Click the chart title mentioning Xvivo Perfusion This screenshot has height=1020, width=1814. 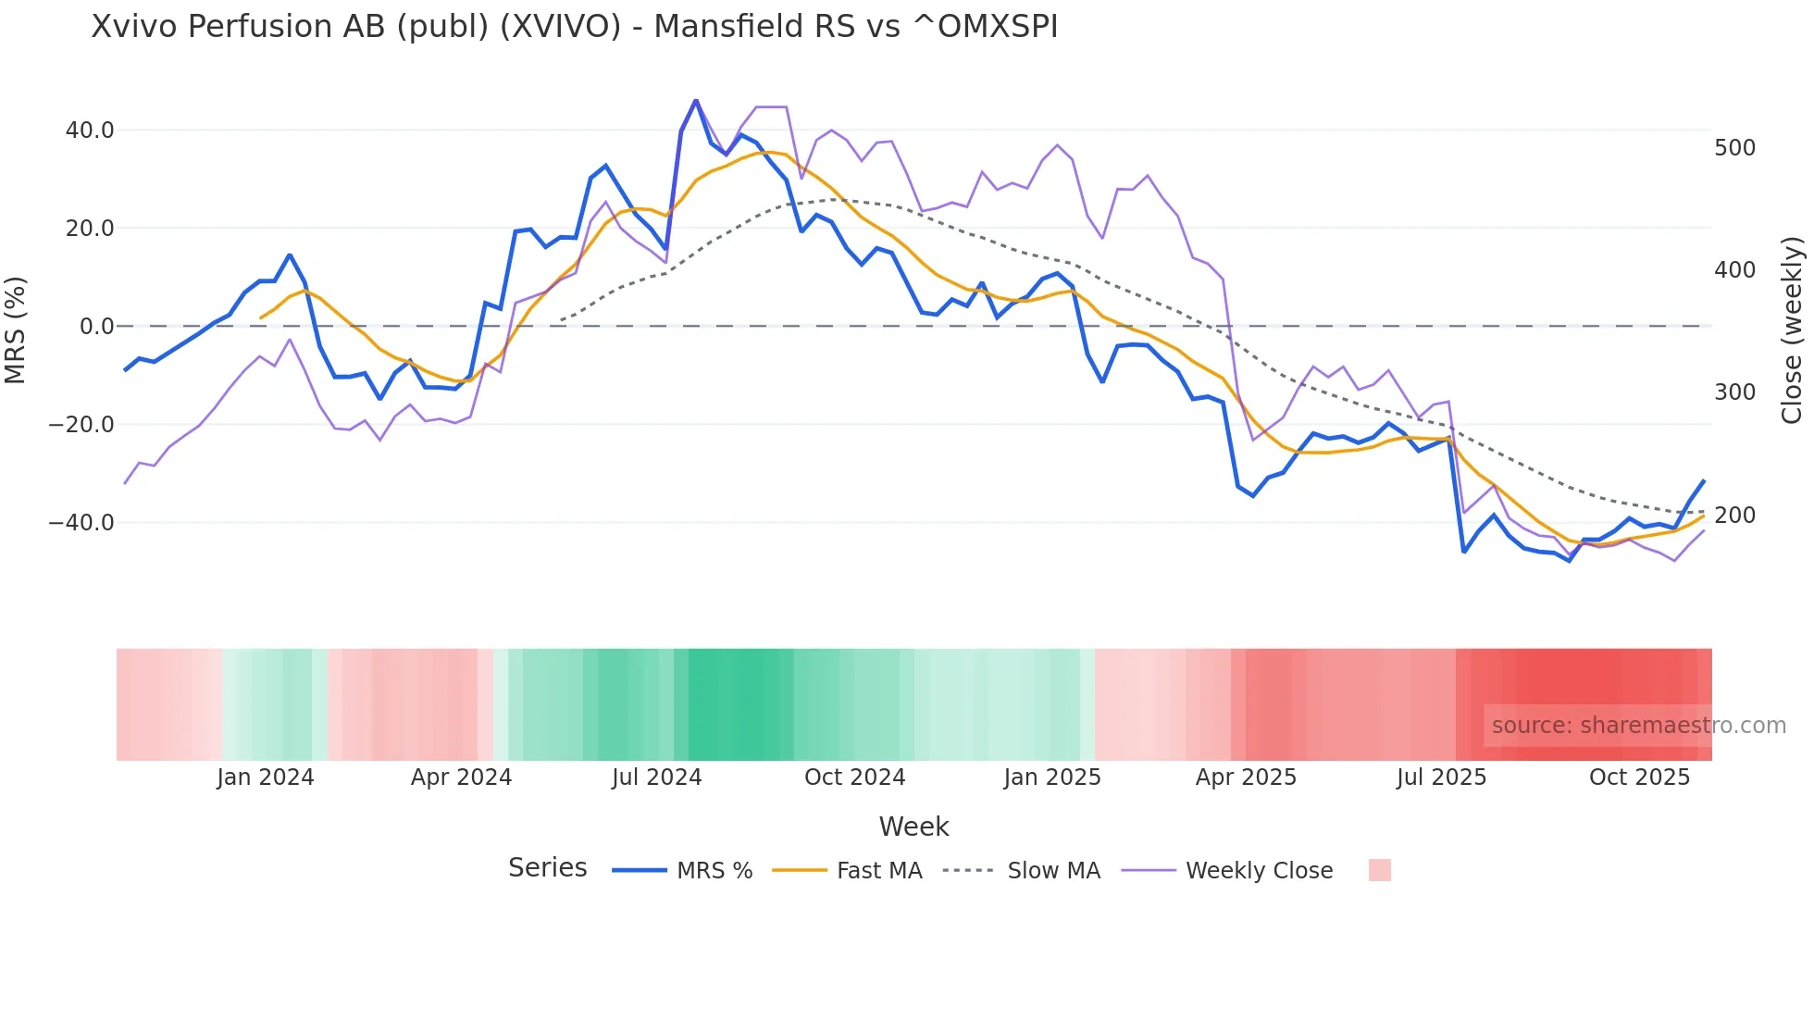[x=574, y=27]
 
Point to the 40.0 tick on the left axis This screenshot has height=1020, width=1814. [x=90, y=131]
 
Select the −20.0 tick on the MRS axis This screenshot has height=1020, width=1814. [x=81, y=425]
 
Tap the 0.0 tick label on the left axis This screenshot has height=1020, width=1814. [x=96, y=327]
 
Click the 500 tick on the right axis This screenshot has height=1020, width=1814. [x=1734, y=148]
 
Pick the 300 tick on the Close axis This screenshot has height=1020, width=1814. [x=1734, y=392]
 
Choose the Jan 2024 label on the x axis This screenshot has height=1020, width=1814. [x=266, y=777]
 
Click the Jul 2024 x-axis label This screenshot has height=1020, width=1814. [x=656, y=777]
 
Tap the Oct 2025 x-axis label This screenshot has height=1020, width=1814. [x=1639, y=777]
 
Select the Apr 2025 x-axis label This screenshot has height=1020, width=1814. [x=1246, y=777]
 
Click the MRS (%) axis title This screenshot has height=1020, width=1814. [x=16, y=330]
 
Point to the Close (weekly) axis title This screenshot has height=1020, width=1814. [x=1792, y=330]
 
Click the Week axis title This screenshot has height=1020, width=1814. [x=913, y=827]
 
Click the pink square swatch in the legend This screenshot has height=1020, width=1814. [x=1379, y=870]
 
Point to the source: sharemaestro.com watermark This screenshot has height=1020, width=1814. [x=1638, y=726]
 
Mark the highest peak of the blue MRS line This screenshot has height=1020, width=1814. [x=696, y=100]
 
